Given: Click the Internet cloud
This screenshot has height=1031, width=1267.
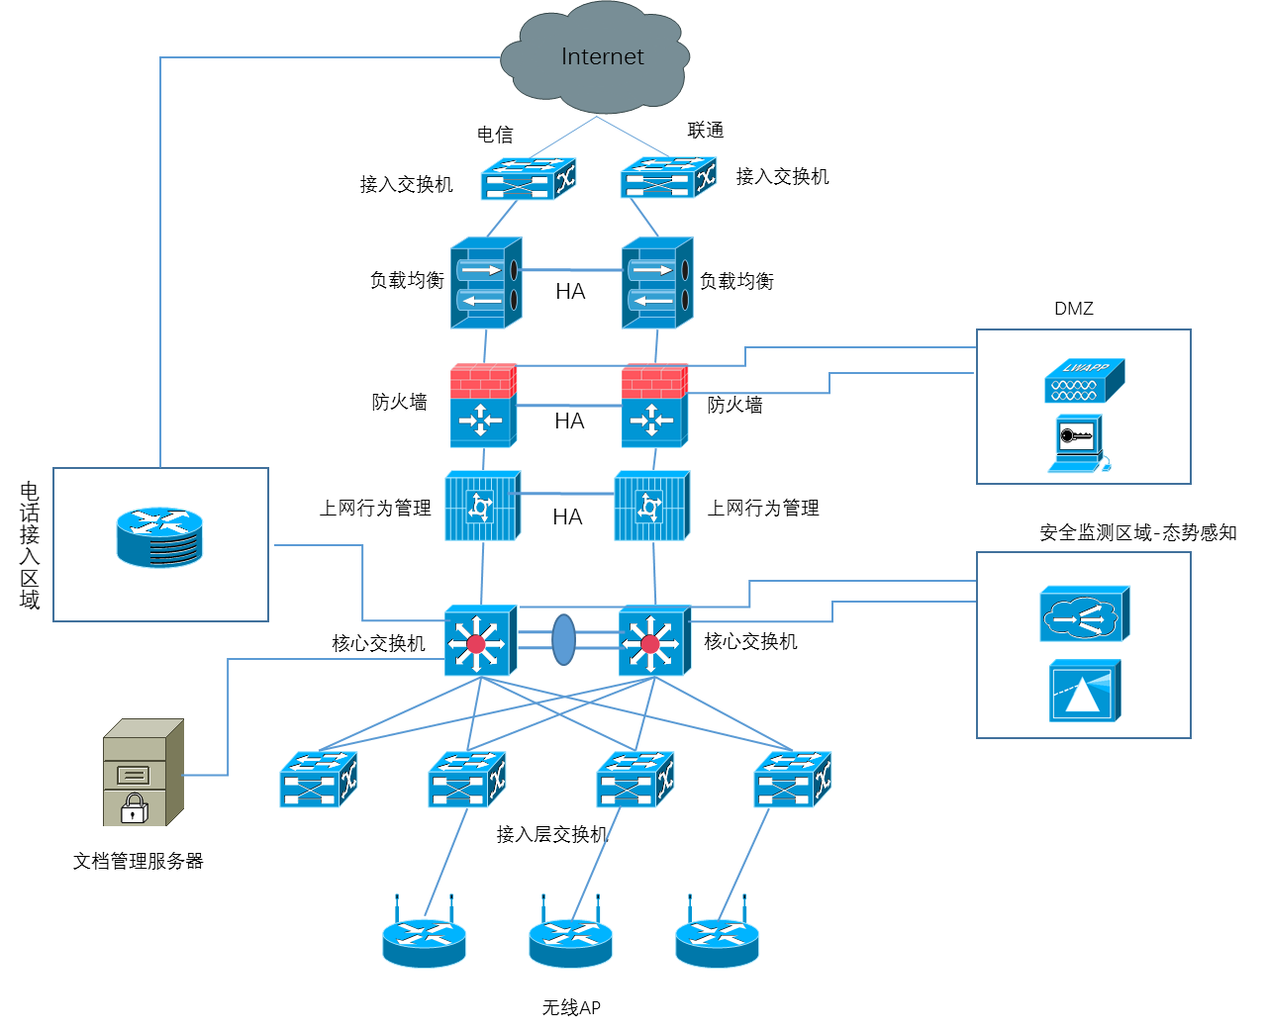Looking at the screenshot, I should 595,59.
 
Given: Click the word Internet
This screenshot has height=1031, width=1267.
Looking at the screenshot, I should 602,56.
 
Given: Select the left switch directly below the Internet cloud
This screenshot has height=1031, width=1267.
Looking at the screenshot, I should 528,179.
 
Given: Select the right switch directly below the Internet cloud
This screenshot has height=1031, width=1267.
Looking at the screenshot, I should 668,178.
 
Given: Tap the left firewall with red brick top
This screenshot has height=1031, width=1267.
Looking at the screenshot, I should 483,406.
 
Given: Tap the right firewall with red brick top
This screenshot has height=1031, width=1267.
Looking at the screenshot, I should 654,406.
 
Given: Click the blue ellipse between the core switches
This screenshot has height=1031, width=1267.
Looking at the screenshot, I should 563,640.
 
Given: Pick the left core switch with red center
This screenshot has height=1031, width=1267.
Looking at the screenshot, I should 480,641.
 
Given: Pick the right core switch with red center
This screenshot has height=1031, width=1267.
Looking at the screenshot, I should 653,641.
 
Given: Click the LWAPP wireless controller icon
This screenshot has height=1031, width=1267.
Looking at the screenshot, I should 1084,381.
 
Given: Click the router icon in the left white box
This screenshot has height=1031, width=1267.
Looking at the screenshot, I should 159,537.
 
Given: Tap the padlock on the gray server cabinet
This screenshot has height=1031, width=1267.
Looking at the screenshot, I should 134,808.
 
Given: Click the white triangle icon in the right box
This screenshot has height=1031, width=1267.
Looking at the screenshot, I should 1084,692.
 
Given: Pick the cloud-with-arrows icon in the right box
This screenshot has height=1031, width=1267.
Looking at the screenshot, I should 1084,614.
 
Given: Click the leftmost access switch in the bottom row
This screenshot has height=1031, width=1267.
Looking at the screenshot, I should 318,780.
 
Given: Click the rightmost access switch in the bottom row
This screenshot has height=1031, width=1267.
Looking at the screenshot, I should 792,780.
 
